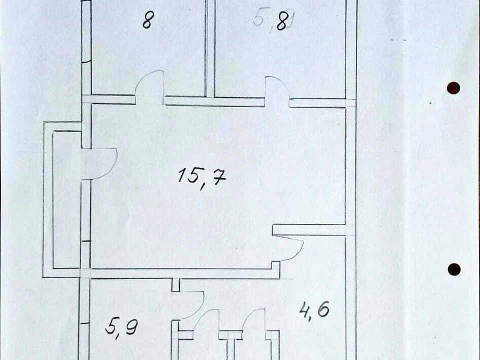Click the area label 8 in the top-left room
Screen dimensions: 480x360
pos(147,20)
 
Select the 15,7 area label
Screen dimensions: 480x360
pos(202,178)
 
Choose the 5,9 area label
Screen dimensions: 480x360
pos(121,329)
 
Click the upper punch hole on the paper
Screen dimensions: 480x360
pos(453,88)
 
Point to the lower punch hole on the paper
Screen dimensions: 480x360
pos(454,269)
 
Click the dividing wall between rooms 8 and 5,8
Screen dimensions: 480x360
pos(210,48)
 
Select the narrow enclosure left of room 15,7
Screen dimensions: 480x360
pos(48,199)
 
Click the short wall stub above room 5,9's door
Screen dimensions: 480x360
pos(175,284)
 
